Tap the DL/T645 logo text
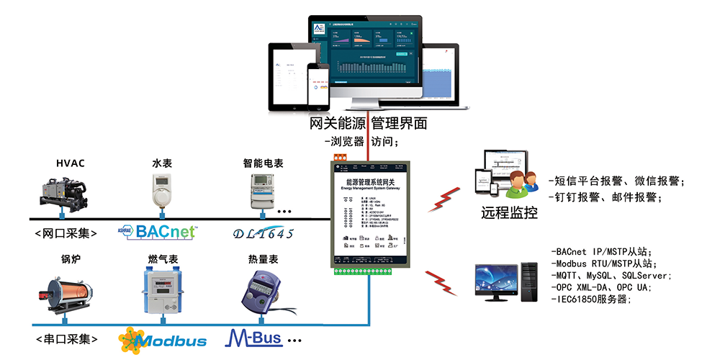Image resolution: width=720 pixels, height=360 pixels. (264, 233)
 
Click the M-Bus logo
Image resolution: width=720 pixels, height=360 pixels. (256, 338)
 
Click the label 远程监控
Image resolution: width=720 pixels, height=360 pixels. (510, 214)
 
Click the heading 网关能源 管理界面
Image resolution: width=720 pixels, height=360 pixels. (368, 123)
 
